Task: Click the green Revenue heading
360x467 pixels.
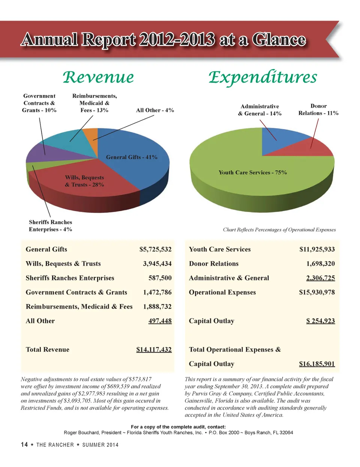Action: pyautogui.click(x=98, y=77)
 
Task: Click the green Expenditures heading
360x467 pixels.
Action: pyautogui.click(x=262, y=77)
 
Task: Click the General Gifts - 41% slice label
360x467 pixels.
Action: pyautogui.click(x=132, y=157)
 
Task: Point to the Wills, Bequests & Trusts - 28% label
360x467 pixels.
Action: pyautogui.click(x=84, y=181)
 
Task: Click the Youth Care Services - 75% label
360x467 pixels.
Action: pyautogui.click(x=252, y=173)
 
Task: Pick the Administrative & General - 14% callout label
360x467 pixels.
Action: pyautogui.click(x=259, y=110)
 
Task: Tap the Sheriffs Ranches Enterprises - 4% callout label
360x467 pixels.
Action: pyautogui.click(x=50, y=226)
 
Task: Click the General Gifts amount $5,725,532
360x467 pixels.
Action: pyautogui.click(x=155, y=249)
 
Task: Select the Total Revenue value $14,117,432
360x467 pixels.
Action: pyautogui.click(x=154, y=350)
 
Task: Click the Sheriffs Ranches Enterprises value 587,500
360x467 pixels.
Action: pyautogui.click(x=160, y=278)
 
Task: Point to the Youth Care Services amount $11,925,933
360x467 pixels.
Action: pyautogui.click(x=317, y=249)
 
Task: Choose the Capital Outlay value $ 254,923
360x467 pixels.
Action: pyautogui.click(x=320, y=321)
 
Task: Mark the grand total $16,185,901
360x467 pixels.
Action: pyautogui.click(x=317, y=364)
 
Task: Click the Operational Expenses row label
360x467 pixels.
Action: pyautogui.click(x=222, y=293)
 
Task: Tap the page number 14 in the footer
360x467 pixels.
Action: pyautogui.click(x=24, y=444)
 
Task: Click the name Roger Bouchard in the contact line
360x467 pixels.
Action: pyautogui.click(x=81, y=432)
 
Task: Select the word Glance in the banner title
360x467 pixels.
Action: pyautogui.click(x=279, y=40)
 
